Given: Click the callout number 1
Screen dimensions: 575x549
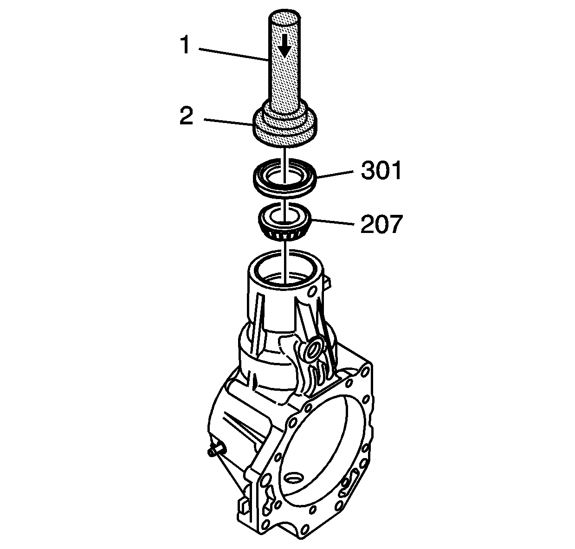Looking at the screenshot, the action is pyautogui.click(x=185, y=45).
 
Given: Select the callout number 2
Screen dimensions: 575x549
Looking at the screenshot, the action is pyautogui.click(x=187, y=116).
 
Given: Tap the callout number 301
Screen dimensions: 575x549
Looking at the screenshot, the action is pyautogui.click(x=381, y=170).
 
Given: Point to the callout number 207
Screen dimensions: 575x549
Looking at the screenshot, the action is pyautogui.click(x=381, y=224).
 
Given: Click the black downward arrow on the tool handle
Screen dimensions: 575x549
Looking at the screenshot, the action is pyautogui.click(x=284, y=46).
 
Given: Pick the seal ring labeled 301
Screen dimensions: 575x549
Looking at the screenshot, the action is pyautogui.click(x=285, y=177).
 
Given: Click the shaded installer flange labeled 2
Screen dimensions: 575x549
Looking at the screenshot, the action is pyautogui.click(x=285, y=127).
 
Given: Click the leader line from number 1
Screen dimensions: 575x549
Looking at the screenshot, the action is pyautogui.click(x=233, y=55).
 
